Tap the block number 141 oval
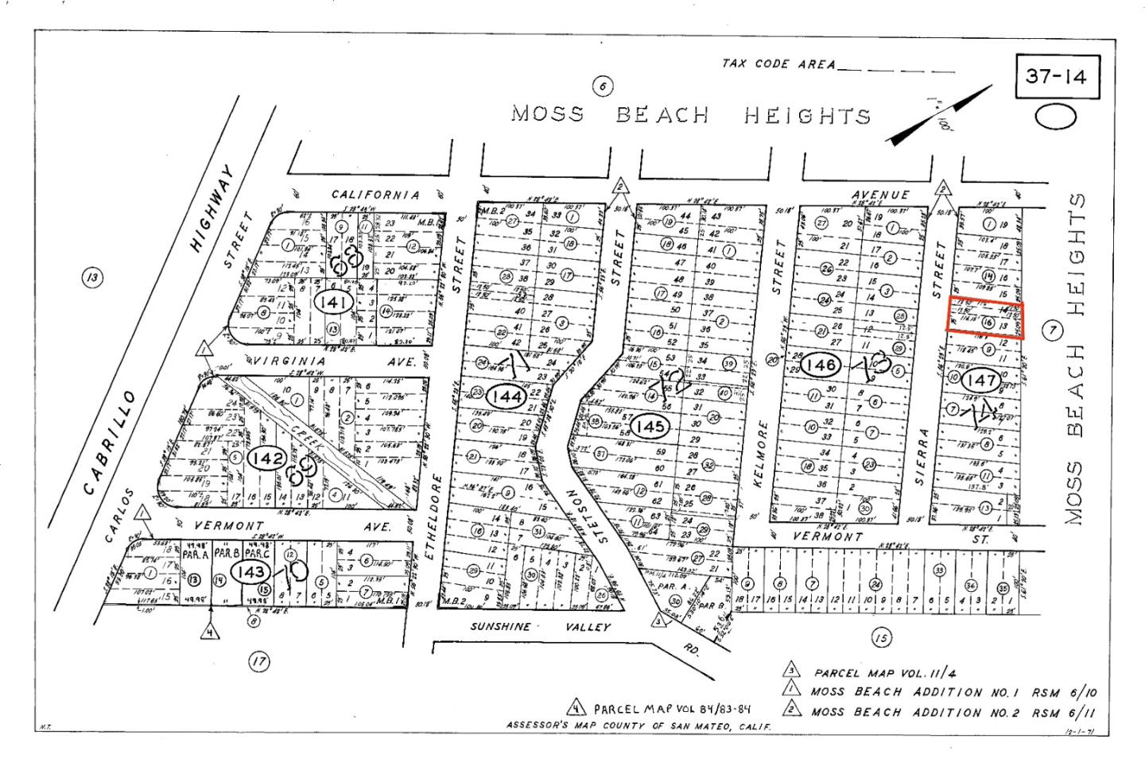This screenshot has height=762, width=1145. coord(332,301)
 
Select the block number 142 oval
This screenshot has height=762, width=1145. coord(266,459)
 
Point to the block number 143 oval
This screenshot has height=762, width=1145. coord(249,571)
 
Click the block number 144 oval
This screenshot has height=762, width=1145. coord(507,395)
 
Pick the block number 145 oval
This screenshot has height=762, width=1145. coord(650,427)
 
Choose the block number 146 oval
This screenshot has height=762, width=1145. coord(820,365)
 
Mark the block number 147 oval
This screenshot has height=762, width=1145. coord(984,380)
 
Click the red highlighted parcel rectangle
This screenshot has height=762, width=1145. coord(984,319)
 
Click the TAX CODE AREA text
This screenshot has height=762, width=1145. coord(778,64)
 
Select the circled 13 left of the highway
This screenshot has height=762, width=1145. coord(93,277)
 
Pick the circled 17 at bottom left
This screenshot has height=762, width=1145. coord(258,660)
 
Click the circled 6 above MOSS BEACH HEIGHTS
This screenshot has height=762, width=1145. coord(603,87)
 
